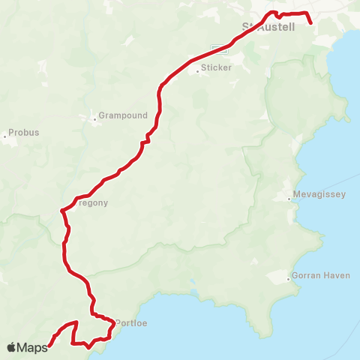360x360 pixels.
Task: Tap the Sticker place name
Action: [x=215, y=67]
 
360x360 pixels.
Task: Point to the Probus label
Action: [x=25, y=133]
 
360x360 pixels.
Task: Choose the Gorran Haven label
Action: [x=320, y=275]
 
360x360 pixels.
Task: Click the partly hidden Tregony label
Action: [x=94, y=202]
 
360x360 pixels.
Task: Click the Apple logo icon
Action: [x=11, y=347]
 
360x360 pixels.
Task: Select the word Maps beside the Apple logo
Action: [x=32, y=347]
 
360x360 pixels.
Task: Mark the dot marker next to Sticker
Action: [x=196, y=71]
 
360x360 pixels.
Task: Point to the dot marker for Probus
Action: [x=5, y=136]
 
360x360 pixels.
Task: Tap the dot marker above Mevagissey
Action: [x=289, y=199]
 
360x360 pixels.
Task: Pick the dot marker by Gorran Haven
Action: [x=289, y=279]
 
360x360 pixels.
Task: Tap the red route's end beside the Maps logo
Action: [x=49, y=346]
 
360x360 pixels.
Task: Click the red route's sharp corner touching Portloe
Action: [x=114, y=325]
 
